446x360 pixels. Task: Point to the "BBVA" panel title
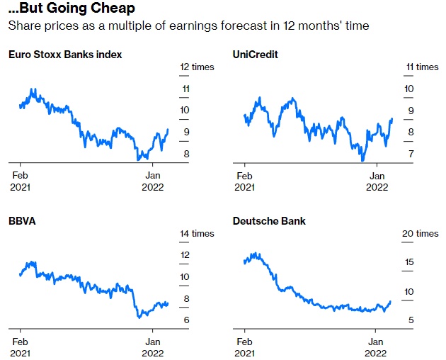[x=22, y=220]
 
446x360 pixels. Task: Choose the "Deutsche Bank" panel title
[x=269, y=221]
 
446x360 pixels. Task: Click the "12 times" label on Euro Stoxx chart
[x=196, y=67]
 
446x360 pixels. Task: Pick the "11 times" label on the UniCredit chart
[x=422, y=67]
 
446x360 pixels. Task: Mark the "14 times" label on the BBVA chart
[x=196, y=234]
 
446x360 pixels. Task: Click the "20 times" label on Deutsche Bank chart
[x=422, y=234]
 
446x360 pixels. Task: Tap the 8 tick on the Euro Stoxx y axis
[x=186, y=154]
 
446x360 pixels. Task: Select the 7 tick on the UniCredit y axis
[x=410, y=154]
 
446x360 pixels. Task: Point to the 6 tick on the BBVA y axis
[x=186, y=320]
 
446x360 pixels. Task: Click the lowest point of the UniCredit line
[x=362, y=161]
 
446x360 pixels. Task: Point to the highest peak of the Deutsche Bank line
[x=255, y=253]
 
